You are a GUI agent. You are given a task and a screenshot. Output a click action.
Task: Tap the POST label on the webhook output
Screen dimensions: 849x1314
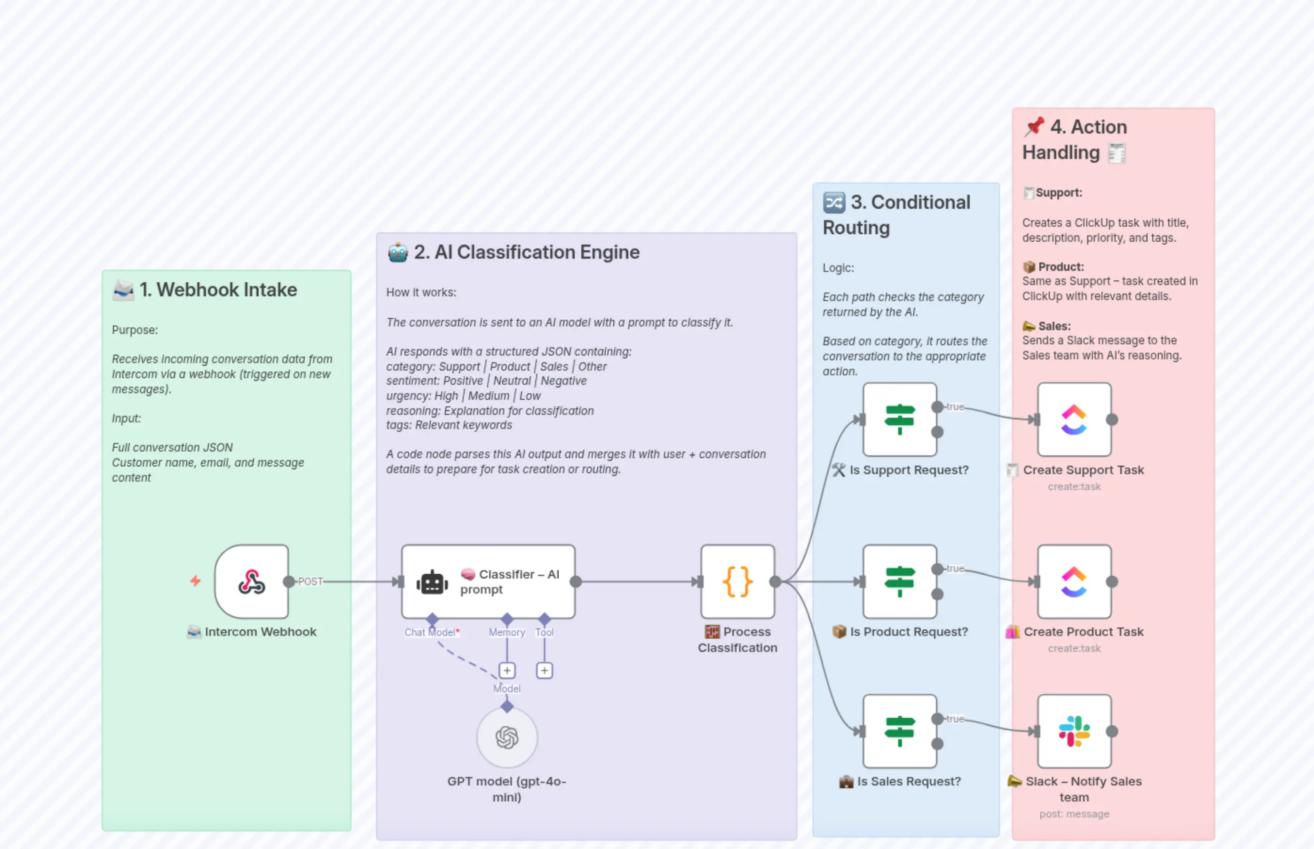(x=310, y=582)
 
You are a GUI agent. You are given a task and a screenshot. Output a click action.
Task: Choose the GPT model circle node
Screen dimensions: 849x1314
(x=507, y=737)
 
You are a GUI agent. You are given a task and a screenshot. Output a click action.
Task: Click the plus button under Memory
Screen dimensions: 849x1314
(x=507, y=670)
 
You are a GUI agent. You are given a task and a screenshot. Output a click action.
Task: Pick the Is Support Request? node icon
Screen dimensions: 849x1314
(x=900, y=419)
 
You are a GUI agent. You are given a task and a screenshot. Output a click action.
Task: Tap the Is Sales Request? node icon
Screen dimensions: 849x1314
(x=900, y=731)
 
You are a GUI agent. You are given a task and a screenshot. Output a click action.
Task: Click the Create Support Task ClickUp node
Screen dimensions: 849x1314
(x=1074, y=419)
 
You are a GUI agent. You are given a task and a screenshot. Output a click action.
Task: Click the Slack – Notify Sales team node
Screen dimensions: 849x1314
(x=1074, y=731)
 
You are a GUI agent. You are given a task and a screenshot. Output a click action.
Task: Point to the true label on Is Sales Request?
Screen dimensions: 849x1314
(x=955, y=719)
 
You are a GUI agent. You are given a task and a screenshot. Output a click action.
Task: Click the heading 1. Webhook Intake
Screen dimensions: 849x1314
(x=218, y=290)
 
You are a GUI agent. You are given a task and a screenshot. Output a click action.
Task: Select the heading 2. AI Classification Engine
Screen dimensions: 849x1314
(x=526, y=253)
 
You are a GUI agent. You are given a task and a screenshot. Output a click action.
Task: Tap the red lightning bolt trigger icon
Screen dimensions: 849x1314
(x=195, y=580)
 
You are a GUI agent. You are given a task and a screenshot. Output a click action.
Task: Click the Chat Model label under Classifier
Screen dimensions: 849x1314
(x=429, y=632)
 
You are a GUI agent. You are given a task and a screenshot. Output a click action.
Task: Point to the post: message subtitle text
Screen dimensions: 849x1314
(x=1074, y=814)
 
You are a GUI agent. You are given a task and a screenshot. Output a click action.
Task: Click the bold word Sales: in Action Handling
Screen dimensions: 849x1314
(x=1054, y=326)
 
